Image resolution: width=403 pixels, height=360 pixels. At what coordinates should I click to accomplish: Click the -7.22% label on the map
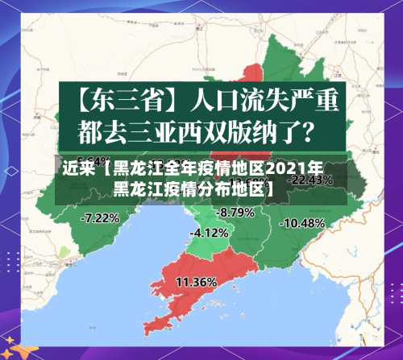tap(101, 217)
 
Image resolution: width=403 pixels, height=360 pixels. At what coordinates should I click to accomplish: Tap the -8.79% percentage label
tap(236, 212)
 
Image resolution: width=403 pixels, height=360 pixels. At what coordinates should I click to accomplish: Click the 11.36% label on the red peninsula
tap(196, 282)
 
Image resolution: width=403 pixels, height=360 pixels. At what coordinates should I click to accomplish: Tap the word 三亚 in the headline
tap(165, 128)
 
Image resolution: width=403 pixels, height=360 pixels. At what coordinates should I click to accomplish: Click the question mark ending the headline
tap(318, 128)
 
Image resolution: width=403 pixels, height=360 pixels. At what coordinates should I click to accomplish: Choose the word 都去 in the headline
tap(104, 128)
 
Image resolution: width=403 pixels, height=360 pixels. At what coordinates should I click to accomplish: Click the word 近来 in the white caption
tap(77, 170)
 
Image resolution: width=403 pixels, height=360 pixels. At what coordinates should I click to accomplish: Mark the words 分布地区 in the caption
tap(234, 190)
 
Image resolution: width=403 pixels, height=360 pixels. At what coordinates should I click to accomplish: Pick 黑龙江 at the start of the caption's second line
tap(140, 190)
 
